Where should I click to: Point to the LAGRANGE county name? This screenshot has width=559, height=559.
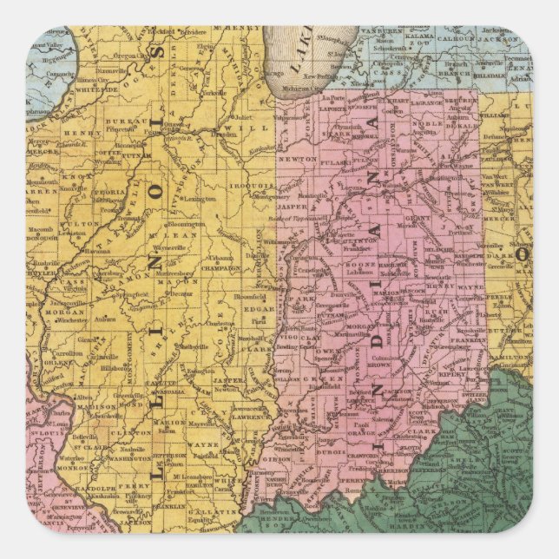coord(424,104)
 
